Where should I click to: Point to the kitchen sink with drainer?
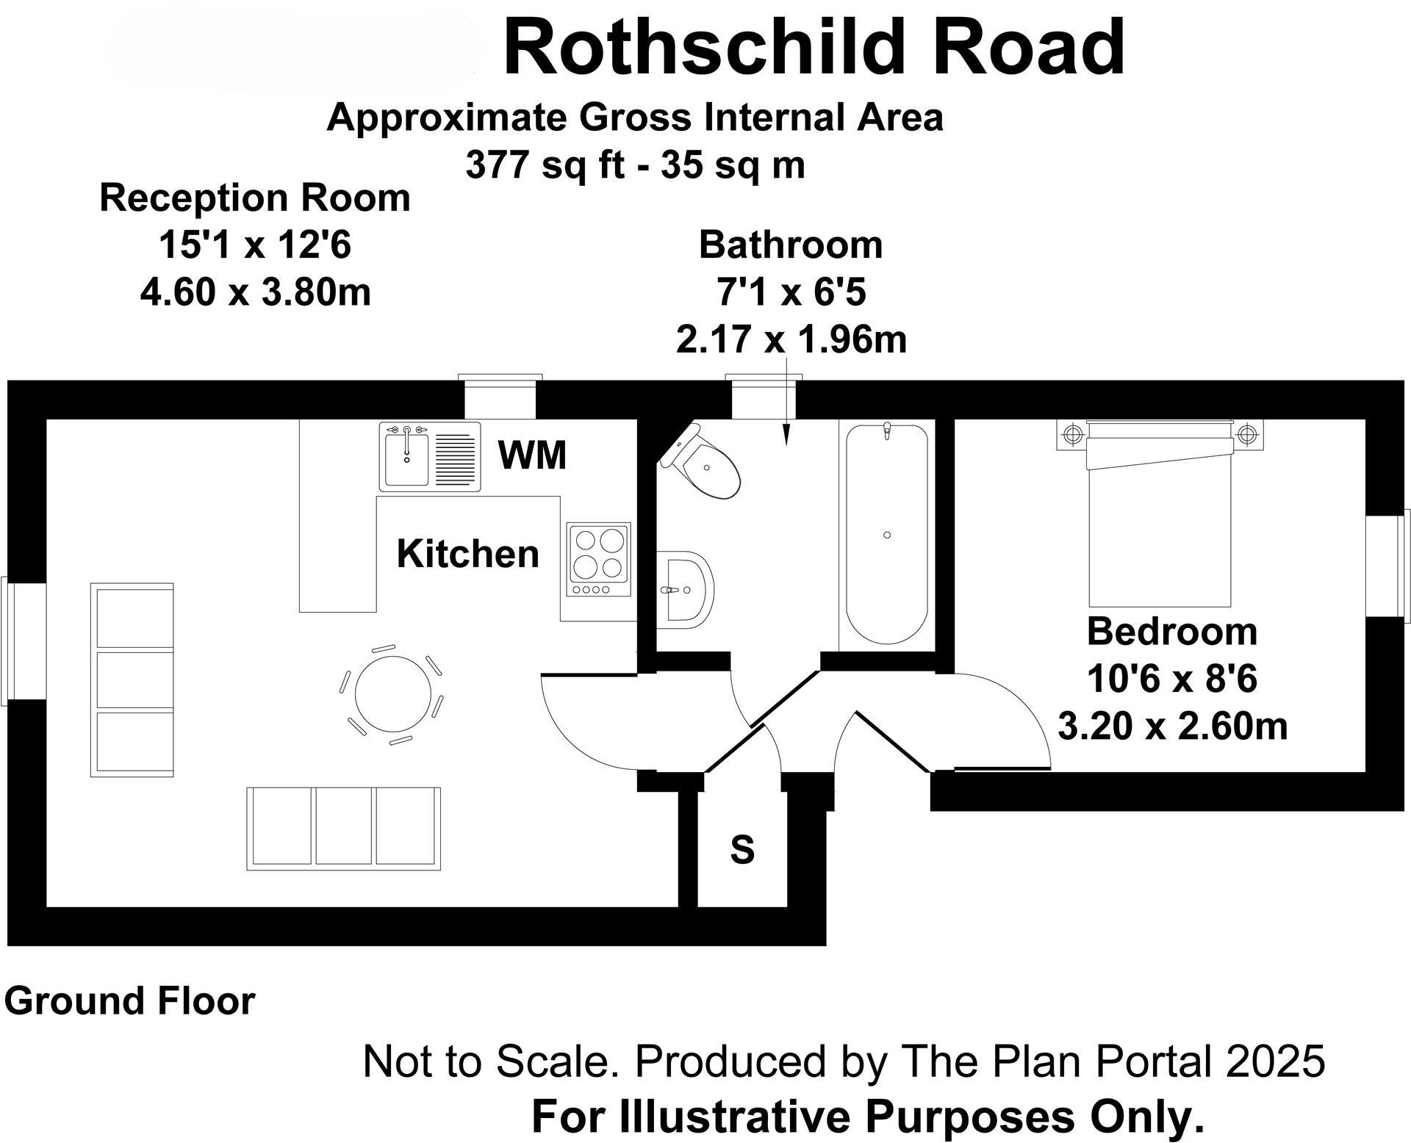click(x=430, y=456)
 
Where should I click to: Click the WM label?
click(x=532, y=455)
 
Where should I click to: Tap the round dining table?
click(x=390, y=694)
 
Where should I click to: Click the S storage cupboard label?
click(x=742, y=849)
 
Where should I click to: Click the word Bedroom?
click(x=1171, y=632)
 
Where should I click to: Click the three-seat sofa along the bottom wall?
click(x=343, y=829)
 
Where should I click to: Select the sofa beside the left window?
click(x=132, y=679)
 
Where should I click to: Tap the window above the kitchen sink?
click(x=500, y=397)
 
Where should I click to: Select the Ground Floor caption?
click(x=129, y=1001)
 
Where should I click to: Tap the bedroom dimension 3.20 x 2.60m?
click(x=1172, y=726)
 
